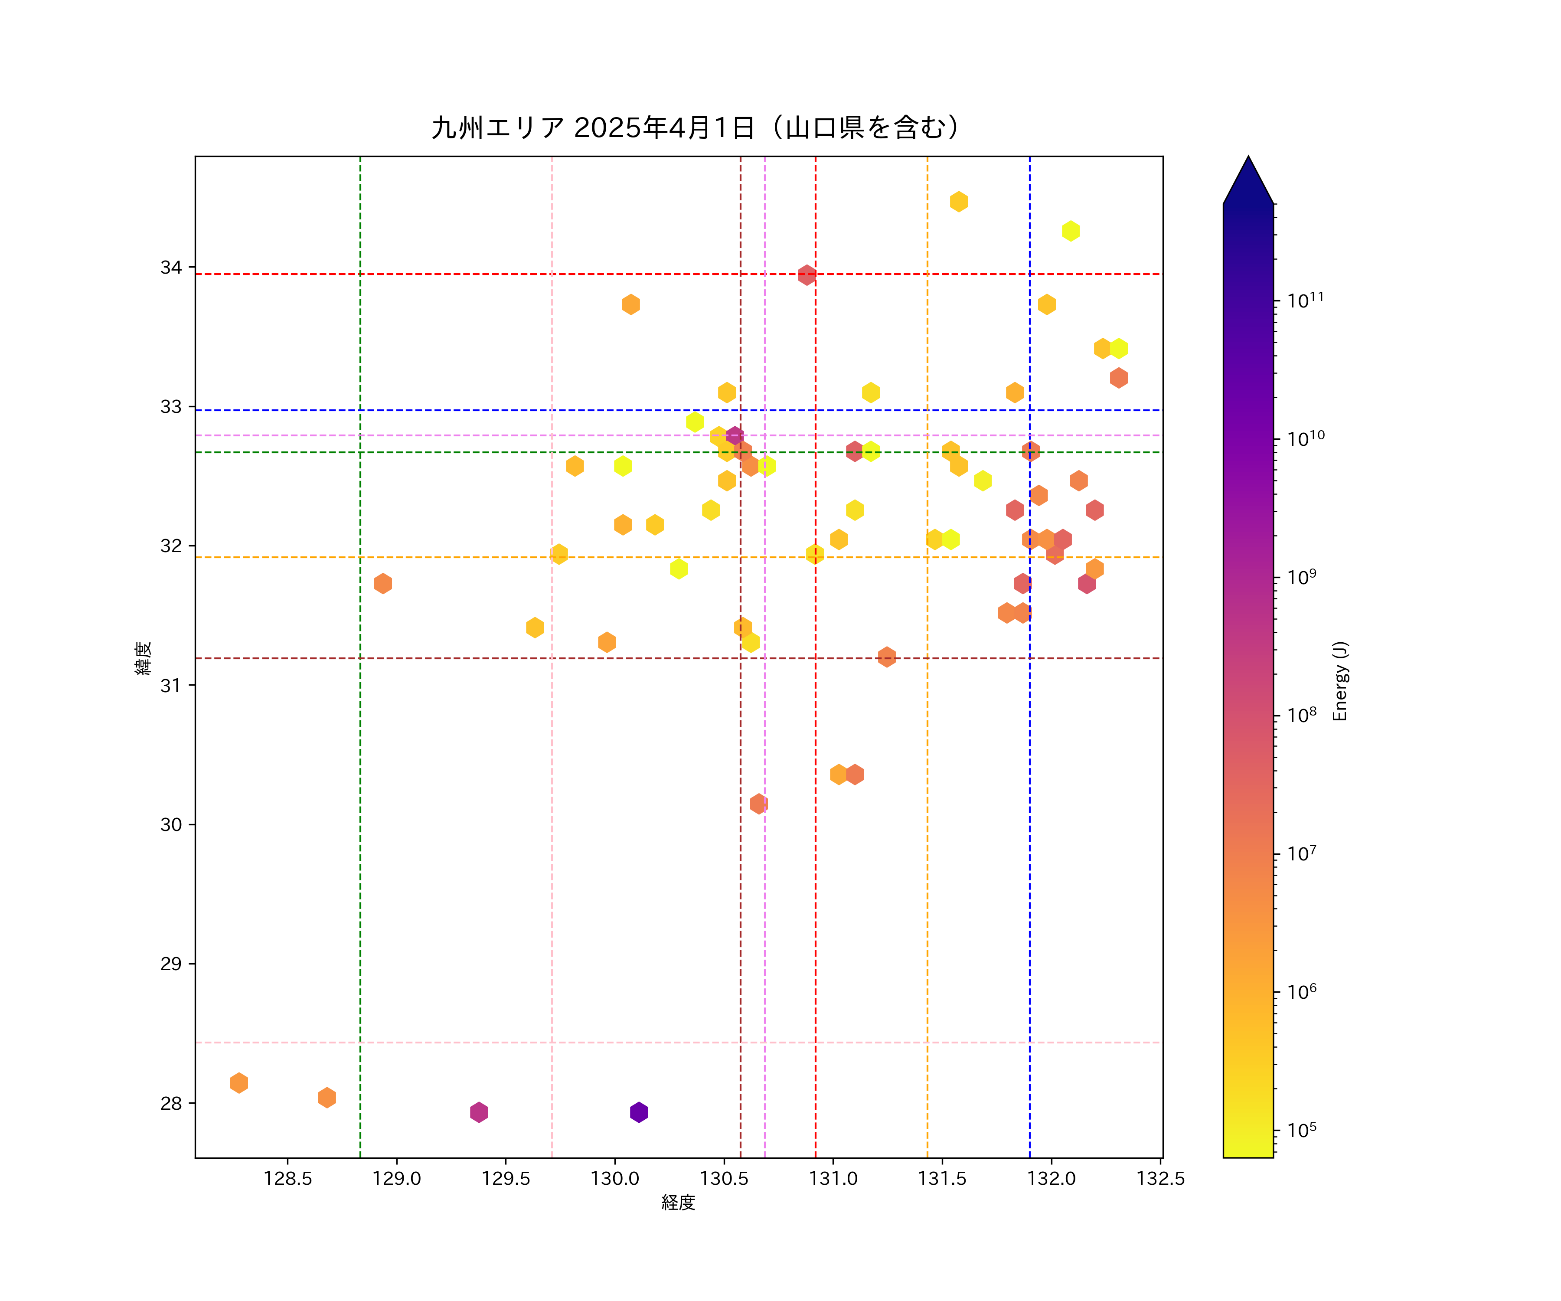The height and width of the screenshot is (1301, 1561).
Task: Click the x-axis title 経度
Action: pos(678,1202)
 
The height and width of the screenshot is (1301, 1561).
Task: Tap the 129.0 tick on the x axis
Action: pos(396,1178)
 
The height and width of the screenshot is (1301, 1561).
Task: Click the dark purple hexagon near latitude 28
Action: pos(639,1112)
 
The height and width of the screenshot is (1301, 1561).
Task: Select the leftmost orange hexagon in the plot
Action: pos(238,1082)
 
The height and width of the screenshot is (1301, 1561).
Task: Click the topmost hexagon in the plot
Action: pos(959,202)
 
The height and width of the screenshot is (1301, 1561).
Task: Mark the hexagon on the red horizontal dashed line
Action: pos(807,275)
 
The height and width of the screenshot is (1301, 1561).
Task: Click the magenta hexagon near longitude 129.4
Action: pos(479,1112)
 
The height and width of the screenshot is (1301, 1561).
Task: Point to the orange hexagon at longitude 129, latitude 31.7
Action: pos(383,584)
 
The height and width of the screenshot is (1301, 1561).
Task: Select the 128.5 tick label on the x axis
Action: pos(287,1178)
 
